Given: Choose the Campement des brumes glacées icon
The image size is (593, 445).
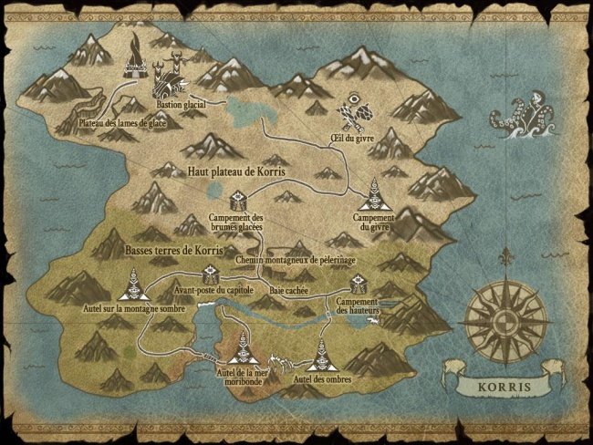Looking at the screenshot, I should click(237, 201).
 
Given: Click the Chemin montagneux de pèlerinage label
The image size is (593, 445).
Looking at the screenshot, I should click(295, 260).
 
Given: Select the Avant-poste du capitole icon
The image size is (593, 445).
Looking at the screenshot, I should click(210, 273).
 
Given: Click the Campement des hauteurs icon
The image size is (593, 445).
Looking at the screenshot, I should click(358, 285).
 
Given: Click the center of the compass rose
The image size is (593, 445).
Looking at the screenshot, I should click(505, 320).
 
